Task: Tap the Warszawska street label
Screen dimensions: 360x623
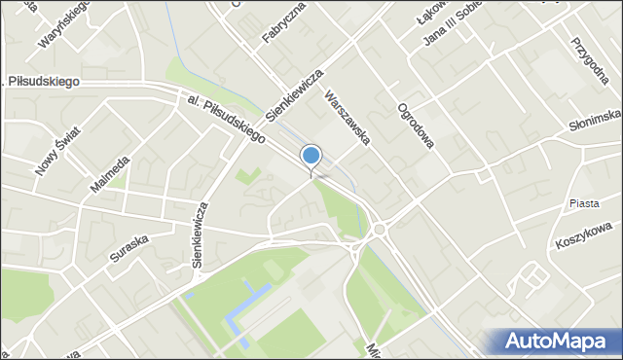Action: pos(348,118)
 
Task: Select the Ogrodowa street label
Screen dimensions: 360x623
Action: pos(415,125)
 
